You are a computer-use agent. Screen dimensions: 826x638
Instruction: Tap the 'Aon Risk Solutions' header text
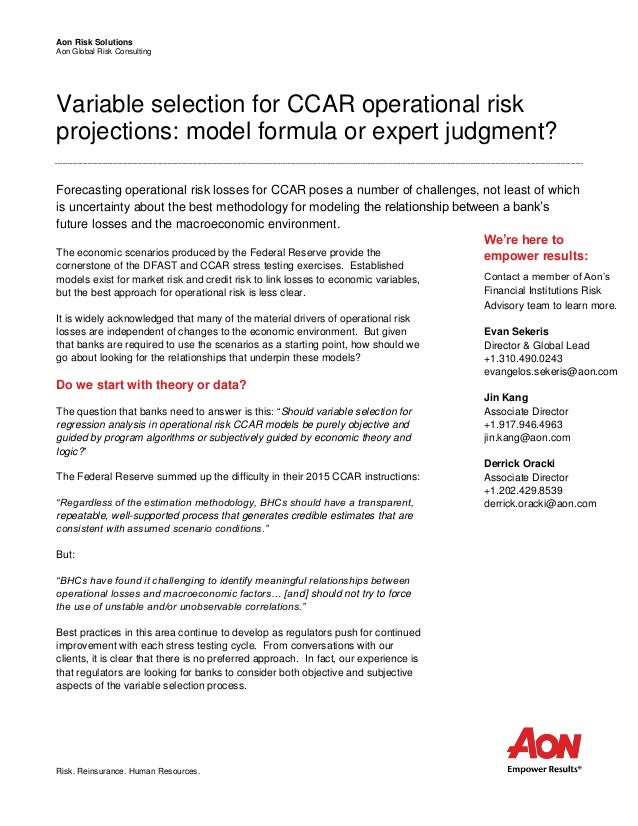tap(92, 41)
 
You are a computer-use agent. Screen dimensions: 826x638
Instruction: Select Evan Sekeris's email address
tap(550, 371)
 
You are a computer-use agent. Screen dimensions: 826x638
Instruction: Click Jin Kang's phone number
tap(523, 424)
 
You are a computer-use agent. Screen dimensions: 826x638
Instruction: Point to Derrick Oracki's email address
tap(539, 503)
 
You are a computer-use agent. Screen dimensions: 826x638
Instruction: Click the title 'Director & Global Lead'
tap(534, 343)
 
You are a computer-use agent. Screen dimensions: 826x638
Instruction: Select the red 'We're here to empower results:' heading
tap(525, 247)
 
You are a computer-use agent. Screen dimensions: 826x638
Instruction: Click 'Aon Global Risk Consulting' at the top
tap(103, 52)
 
